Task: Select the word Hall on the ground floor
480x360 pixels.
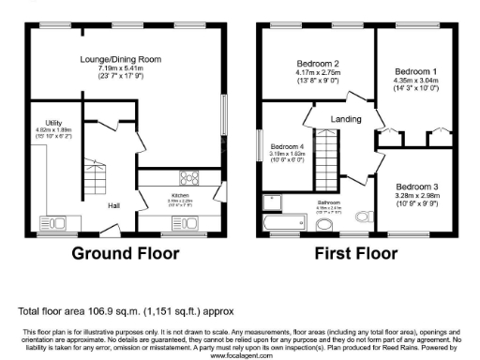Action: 113,205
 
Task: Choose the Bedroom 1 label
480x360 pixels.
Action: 414,71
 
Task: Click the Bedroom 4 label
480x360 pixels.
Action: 288,147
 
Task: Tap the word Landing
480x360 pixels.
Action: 347,119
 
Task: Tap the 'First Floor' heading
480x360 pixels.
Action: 355,254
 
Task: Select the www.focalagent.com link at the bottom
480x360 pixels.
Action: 239,356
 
